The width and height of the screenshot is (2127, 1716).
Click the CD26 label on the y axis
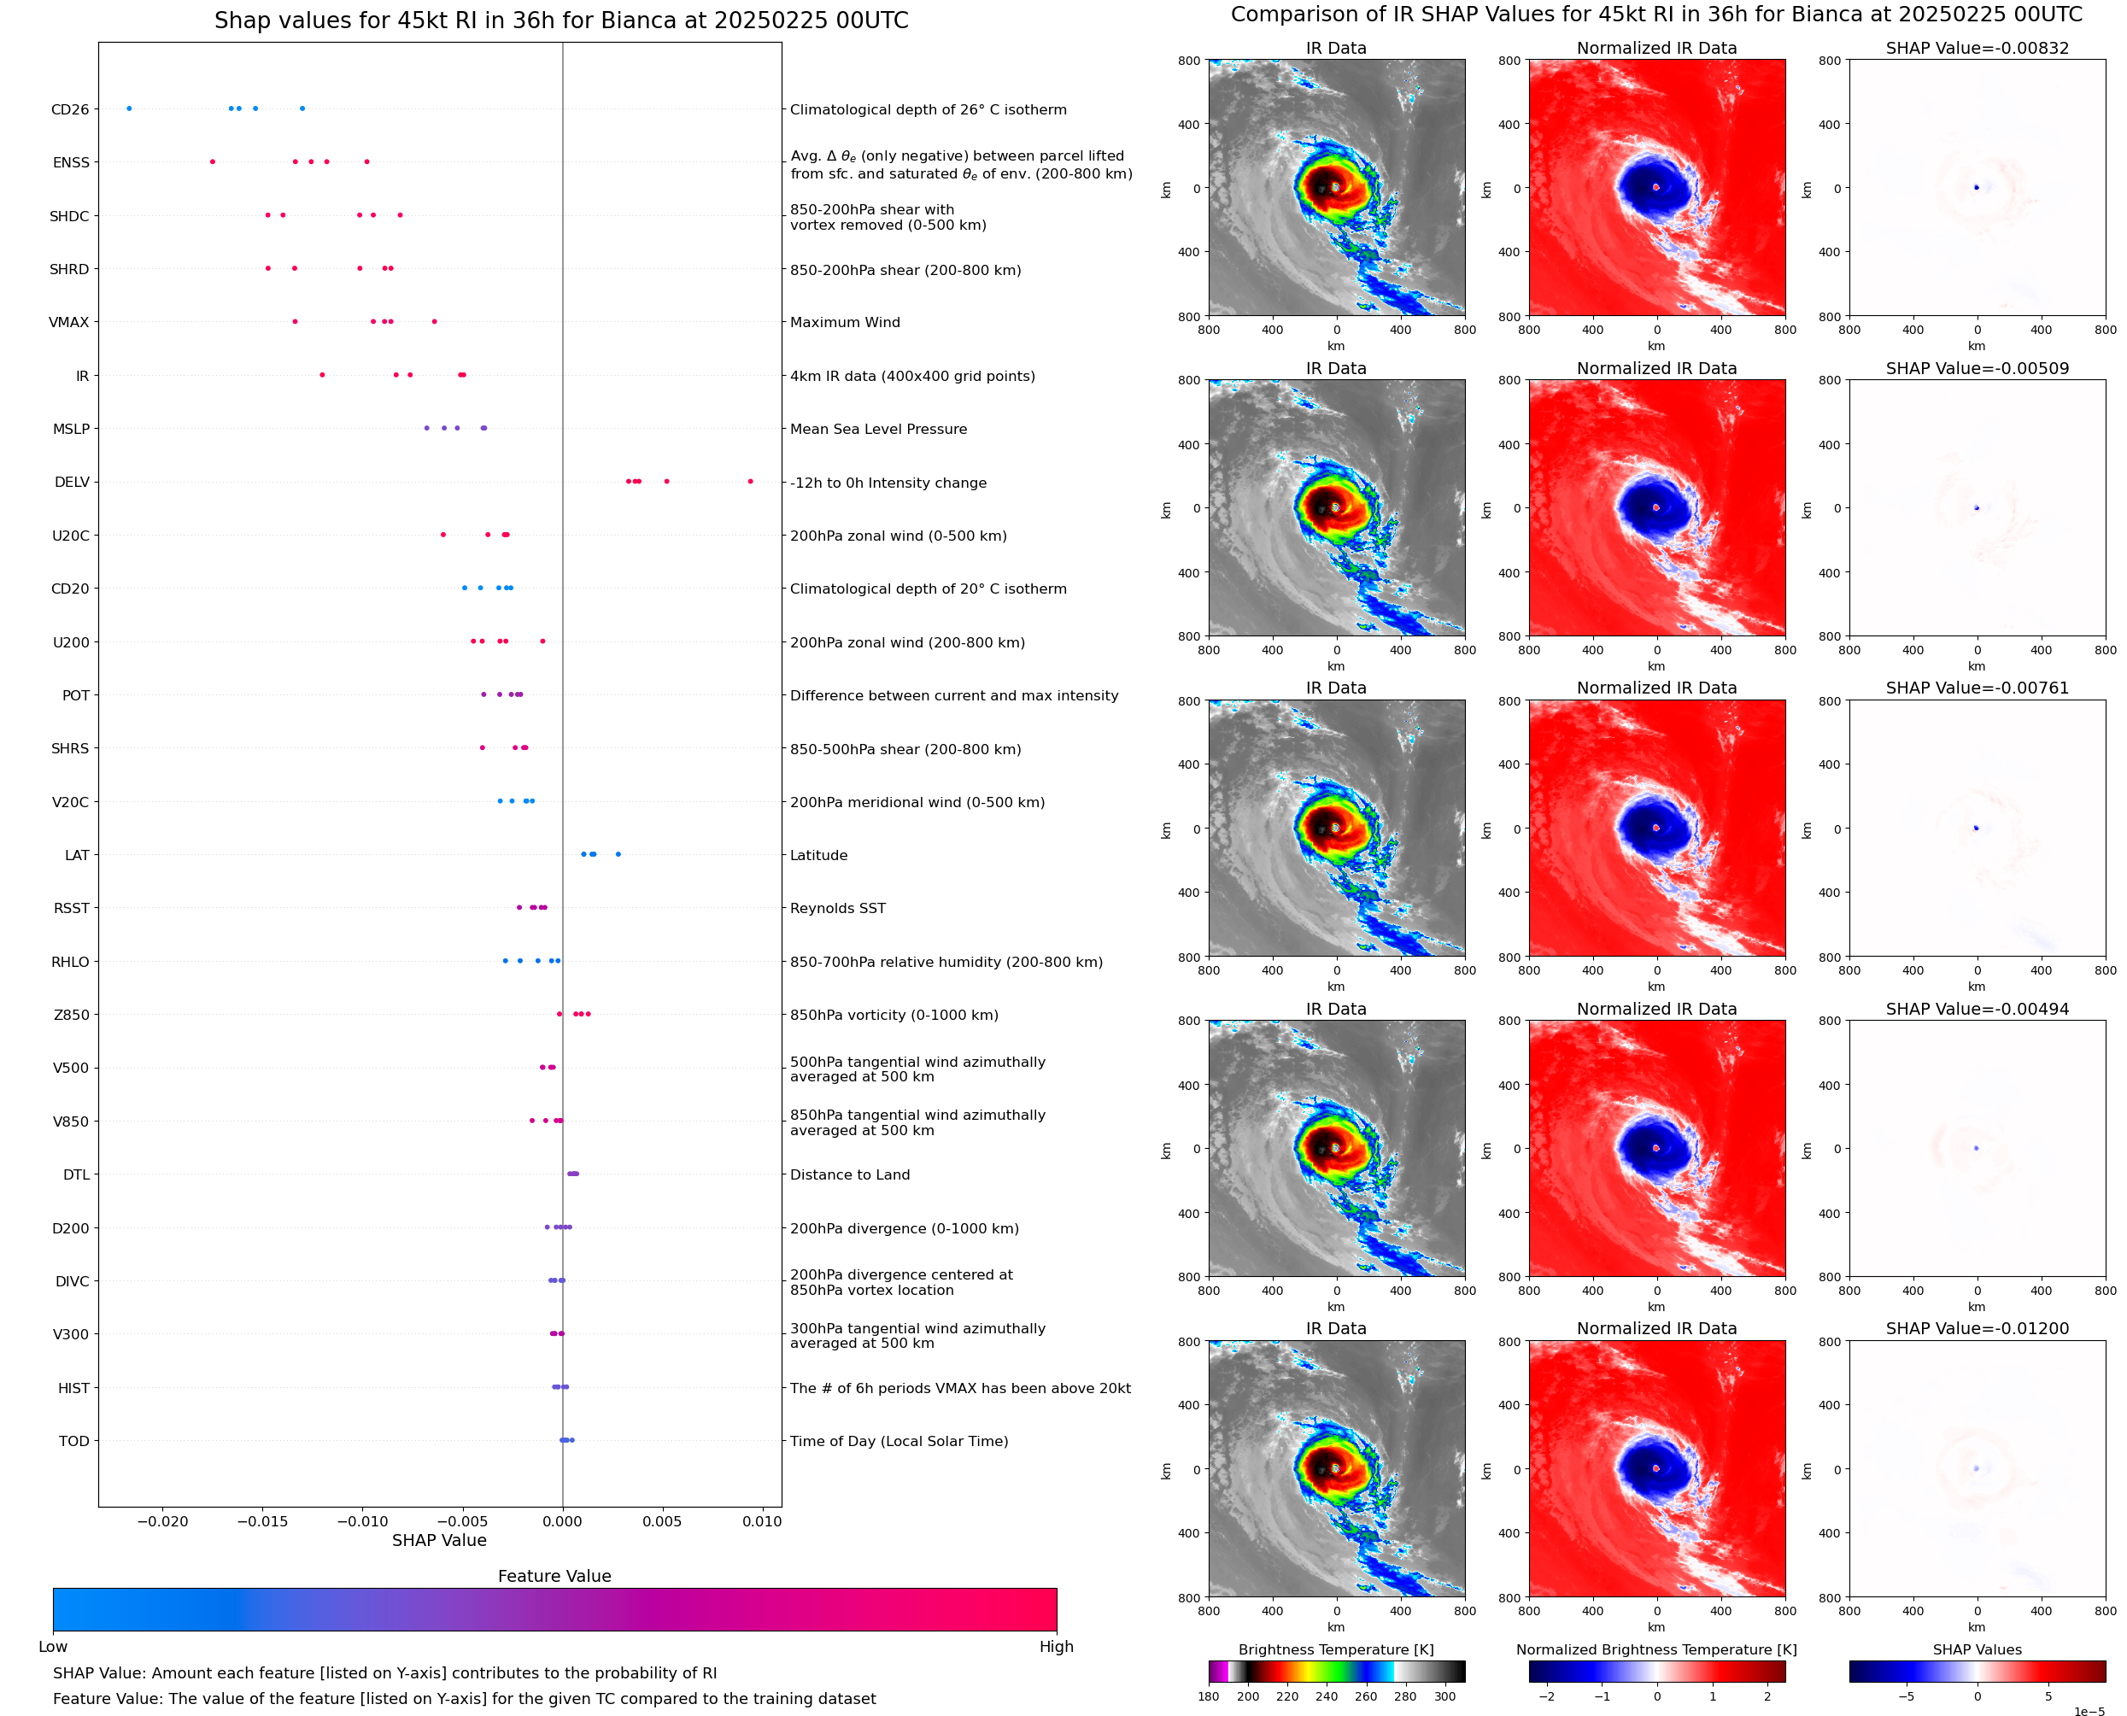[x=69, y=109]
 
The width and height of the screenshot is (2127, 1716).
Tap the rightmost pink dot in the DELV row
[x=750, y=482]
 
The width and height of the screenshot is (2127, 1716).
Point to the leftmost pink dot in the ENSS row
[x=213, y=162]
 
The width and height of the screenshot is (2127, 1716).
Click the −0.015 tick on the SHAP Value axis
[x=262, y=1521]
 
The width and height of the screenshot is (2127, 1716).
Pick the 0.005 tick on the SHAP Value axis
[x=662, y=1521]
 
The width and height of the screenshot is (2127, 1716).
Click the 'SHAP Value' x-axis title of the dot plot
[x=439, y=1540]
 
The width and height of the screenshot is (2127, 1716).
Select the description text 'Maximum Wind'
[x=844, y=322]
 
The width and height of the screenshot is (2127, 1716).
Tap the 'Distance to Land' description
[x=849, y=1174]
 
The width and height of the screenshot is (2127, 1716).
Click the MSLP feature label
[x=71, y=429]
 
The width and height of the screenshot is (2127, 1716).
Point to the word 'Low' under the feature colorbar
[x=52, y=1647]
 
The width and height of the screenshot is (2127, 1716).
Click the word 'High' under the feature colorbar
[x=1056, y=1647]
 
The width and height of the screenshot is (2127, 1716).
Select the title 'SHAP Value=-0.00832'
[x=1977, y=49]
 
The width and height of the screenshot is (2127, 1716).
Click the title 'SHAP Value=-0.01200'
[x=1977, y=1328]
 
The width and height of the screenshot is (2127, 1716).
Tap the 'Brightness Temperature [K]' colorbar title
[x=1335, y=1649]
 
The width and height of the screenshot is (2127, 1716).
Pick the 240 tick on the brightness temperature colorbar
[x=1327, y=1696]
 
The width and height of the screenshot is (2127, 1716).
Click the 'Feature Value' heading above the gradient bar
[x=554, y=1576]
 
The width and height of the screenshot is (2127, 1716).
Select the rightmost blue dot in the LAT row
[x=618, y=854]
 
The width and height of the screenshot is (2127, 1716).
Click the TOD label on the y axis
[x=74, y=1441]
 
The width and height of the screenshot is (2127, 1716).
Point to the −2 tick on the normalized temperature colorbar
[x=1547, y=1696]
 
